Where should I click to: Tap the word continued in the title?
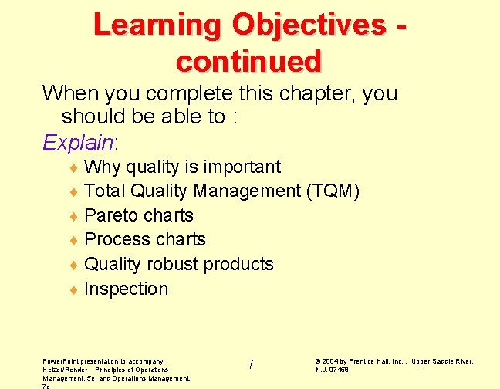point(248,60)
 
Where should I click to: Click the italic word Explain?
point(78,142)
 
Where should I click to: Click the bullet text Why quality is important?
point(182,167)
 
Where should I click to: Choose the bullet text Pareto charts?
point(138,215)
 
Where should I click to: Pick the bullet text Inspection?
point(126,289)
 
